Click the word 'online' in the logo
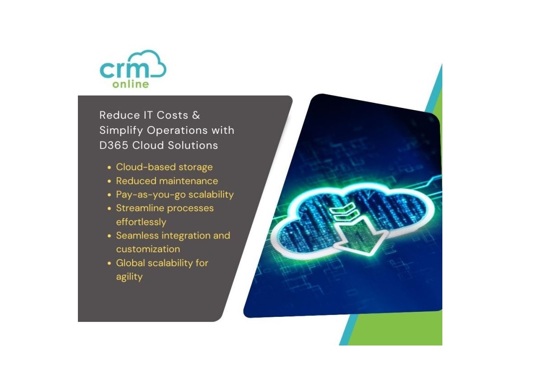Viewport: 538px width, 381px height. (130, 84)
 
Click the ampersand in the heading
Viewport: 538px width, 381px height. (196, 115)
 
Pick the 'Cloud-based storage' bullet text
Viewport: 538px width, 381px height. (164, 167)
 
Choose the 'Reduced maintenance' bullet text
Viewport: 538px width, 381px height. (167, 181)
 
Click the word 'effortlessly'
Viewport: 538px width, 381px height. (141, 222)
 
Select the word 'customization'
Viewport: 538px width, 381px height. (148, 249)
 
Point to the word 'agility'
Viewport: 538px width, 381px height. (129, 277)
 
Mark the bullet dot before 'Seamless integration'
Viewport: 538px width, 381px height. (109, 236)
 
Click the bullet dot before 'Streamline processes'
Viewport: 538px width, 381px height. (109, 208)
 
